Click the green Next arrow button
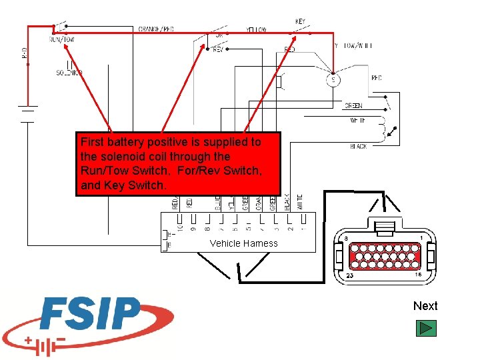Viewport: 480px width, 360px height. pyautogui.click(x=425, y=328)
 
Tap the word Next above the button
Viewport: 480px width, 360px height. pyautogui.click(x=425, y=306)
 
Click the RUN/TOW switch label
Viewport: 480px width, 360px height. pyautogui.click(x=62, y=39)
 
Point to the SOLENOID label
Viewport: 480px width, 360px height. pyautogui.click(x=69, y=73)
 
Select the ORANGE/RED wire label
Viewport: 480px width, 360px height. pyautogui.click(x=156, y=29)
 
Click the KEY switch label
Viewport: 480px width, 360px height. pyautogui.click(x=301, y=21)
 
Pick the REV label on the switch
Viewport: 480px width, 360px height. pyautogui.click(x=217, y=49)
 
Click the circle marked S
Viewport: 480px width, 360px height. pyautogui.click(x=334, y=81)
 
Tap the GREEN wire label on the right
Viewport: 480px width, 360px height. pyautogui.click(x=353, y=106)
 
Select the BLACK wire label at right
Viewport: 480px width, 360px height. pyautogui.click(x=358, y=146)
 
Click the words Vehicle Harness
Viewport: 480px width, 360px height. pyautogui.click(x=243, y=243)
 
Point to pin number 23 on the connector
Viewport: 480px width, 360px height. pyautogui.click(x=350, y=275)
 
